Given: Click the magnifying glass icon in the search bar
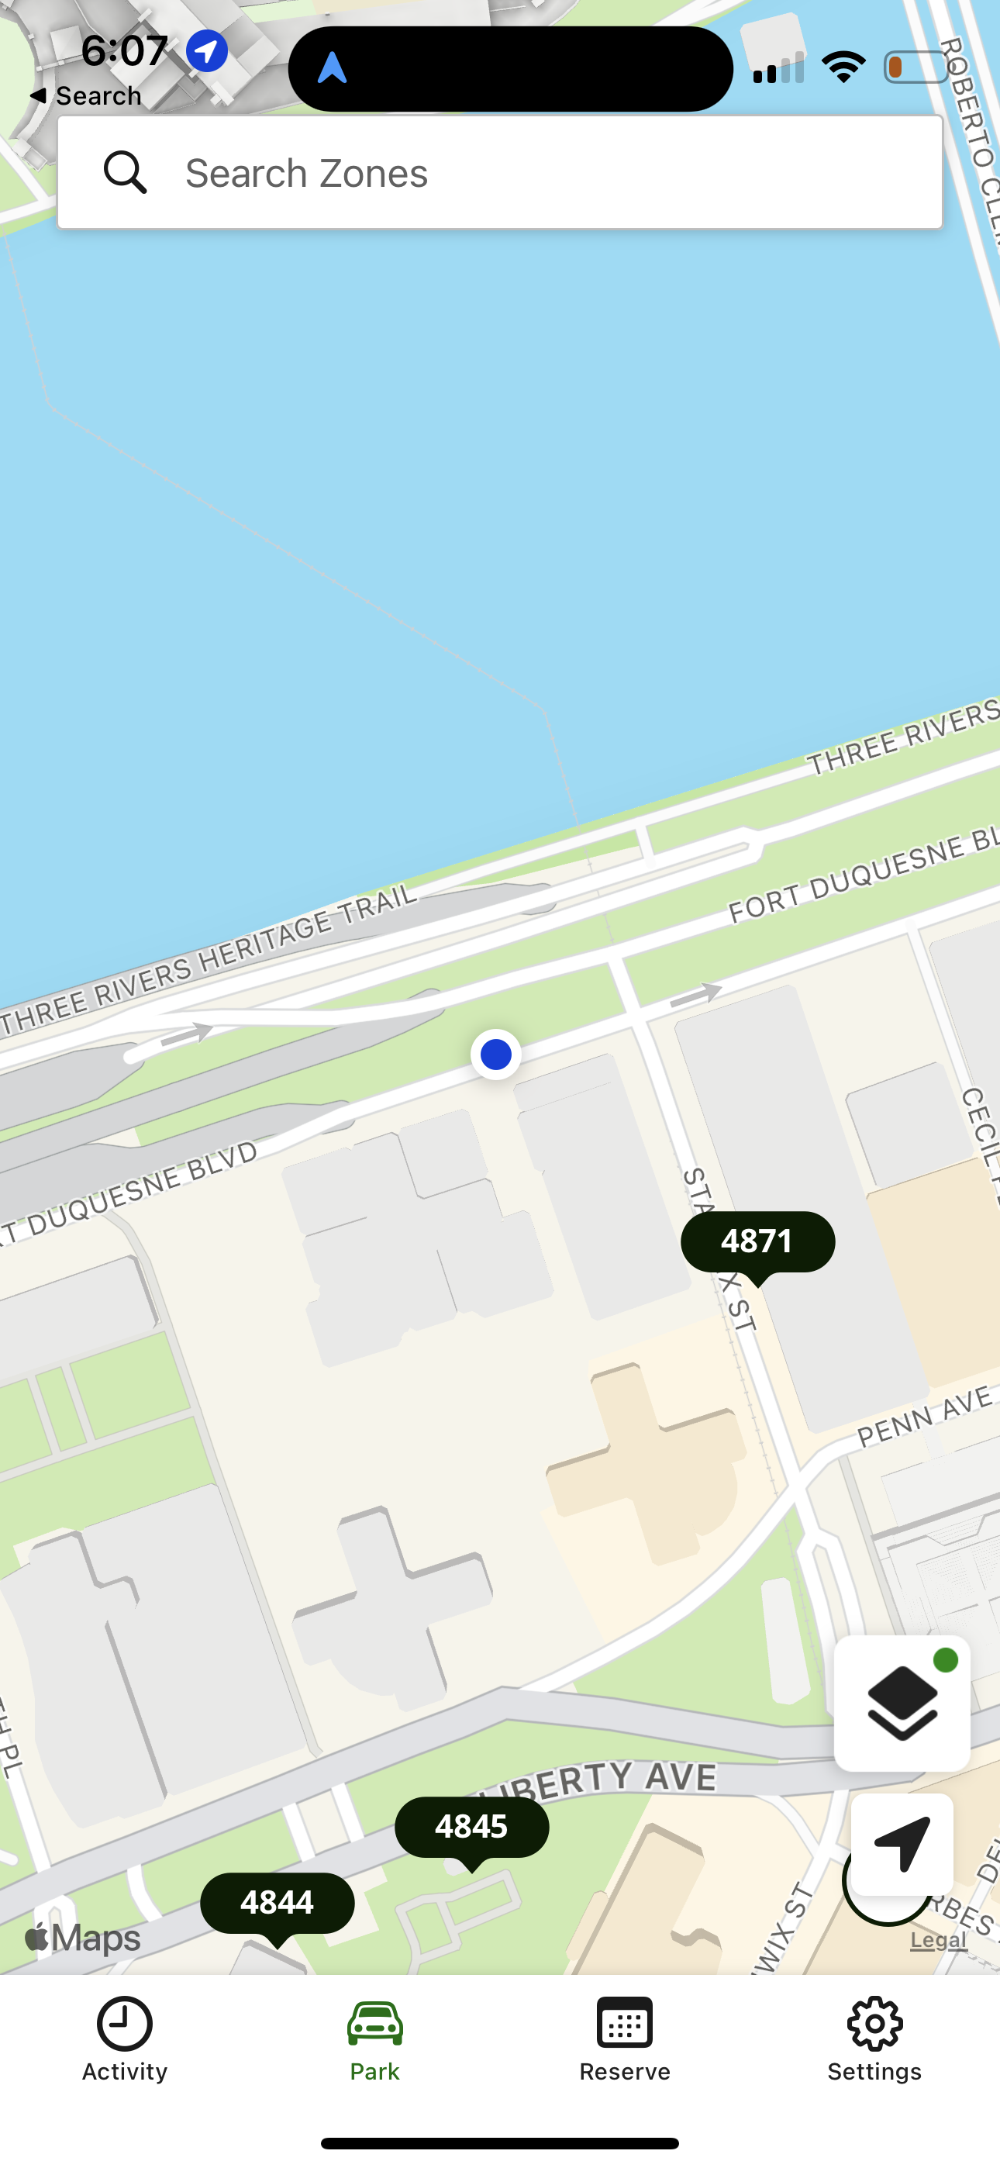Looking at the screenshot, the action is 126,173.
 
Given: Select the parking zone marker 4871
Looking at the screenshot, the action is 757,1242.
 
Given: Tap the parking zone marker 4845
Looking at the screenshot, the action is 471,1827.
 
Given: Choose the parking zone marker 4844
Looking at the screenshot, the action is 277,1903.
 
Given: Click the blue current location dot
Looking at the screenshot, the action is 496,1055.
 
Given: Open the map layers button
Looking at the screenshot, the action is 902,1704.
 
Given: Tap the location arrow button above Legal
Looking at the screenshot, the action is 902,1844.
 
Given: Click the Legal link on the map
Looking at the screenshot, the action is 939,1941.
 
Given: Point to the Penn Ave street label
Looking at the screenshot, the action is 925,1418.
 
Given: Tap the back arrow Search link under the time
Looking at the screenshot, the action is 86,96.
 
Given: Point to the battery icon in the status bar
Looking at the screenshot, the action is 916,67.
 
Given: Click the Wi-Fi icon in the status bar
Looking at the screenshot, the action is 843,67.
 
